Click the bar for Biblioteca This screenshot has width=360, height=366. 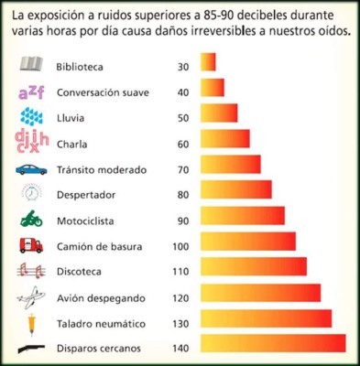point(208,61)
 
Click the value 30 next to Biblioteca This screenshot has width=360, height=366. point(182,67)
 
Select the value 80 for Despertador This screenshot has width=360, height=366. point(182,195)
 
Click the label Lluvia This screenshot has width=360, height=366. point(72,118)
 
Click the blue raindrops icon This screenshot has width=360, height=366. point(31,117)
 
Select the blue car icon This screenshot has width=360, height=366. point(30,169)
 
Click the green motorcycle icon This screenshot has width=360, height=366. point(30,221)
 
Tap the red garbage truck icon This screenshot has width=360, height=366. point(30,245)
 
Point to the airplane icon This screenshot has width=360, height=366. point(30,296)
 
